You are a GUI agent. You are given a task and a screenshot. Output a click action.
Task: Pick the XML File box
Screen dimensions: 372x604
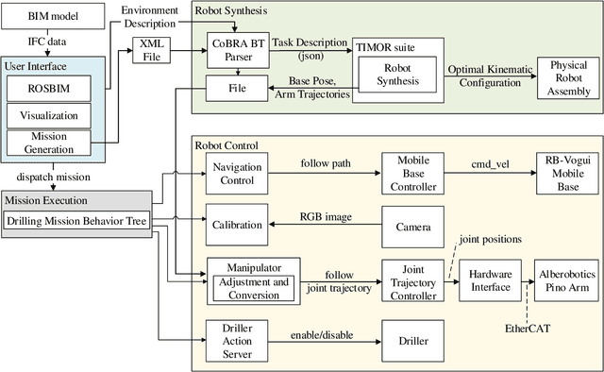coord(150,49)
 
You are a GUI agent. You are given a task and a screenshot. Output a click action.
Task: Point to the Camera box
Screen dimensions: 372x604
coord(412,227)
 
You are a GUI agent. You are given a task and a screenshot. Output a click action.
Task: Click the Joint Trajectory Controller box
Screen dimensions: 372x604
coord(412,281)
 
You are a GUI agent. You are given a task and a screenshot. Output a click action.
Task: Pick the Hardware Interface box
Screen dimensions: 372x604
coord(491,281)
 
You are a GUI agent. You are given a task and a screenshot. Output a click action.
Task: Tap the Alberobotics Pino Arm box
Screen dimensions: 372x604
coord(566,281)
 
